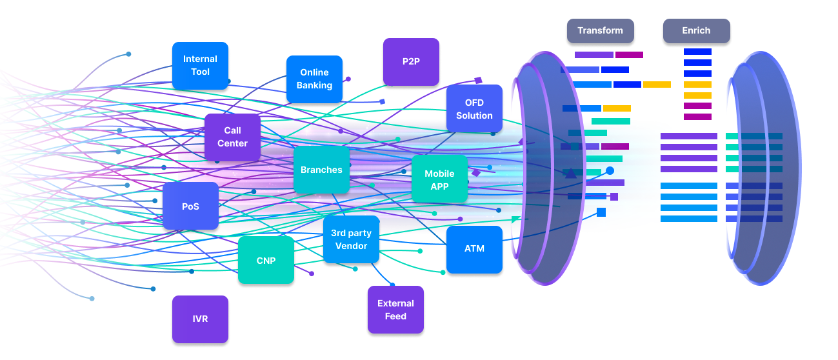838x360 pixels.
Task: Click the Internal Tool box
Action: point(200,65)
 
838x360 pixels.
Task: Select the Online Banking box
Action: point(314,79)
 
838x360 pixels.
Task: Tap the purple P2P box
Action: point(411,62)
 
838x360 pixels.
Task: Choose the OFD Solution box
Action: point(474,109)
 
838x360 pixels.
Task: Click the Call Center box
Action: point(232,137)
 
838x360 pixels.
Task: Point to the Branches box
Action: point(321,170)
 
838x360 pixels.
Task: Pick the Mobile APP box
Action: point(439,180)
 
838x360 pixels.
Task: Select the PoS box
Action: point(190,206)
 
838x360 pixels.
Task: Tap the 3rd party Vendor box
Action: point(351,239)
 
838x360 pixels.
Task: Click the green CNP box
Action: point(266,261)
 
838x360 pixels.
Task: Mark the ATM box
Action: point(474,249)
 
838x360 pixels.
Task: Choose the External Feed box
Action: point(395,310)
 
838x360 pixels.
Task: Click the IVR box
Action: point(200,319)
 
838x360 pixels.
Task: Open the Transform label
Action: point(600,30)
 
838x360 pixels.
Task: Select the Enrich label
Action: point(696,30)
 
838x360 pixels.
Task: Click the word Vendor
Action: point(351,246)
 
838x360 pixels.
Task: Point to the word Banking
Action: point(314,85)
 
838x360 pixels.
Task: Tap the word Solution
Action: point(474,115)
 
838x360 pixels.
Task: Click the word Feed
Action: point(395,316)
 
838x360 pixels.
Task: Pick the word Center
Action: point(232,143)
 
